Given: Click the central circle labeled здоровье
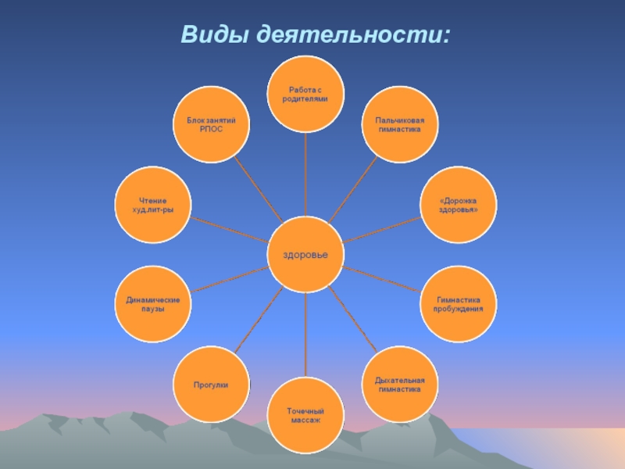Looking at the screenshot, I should point(305,255).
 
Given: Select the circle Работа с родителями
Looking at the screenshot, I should point(305,95).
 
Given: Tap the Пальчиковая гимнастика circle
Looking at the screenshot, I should point(399,125).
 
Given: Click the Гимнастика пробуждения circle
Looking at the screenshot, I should point(458,304).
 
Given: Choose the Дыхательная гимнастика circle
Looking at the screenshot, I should point(399,384).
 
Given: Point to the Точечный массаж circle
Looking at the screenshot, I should point(305,415).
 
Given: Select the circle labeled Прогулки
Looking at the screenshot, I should point(211,384).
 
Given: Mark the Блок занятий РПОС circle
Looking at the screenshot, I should point(211,125).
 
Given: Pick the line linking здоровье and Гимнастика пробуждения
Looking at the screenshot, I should point(382,280).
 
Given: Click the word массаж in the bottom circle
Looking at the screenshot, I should point(305,421).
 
